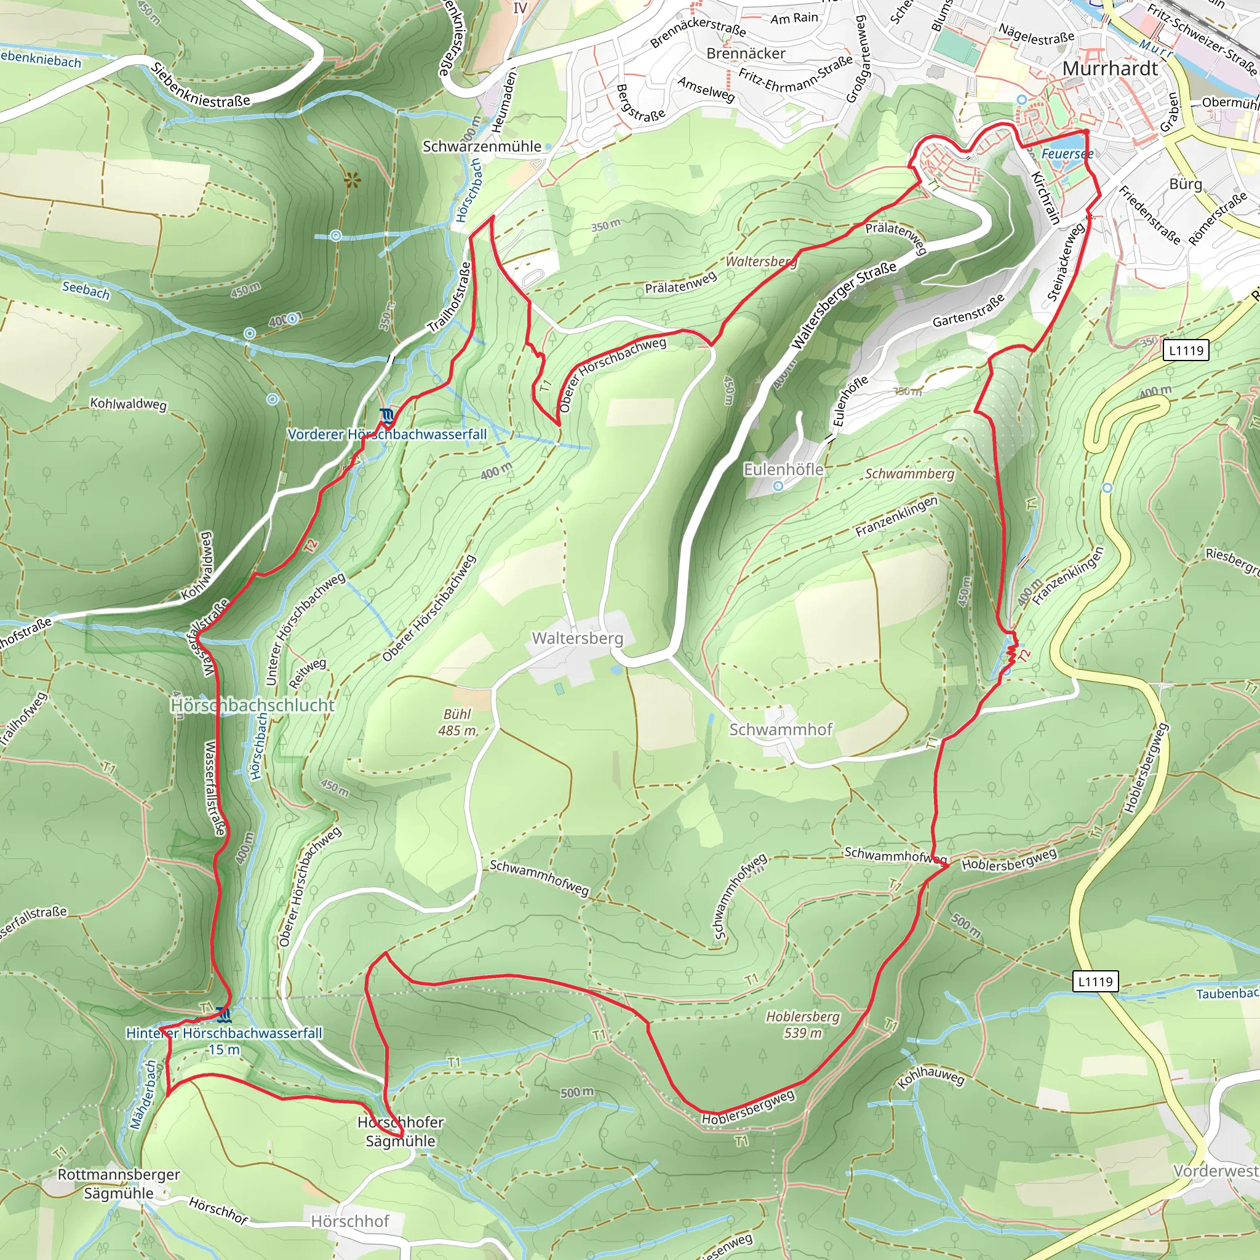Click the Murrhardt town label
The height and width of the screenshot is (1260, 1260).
pyautogui.click(x=1110, y=68)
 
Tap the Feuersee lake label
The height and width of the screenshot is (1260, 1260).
pyautogui.click(x=1067, y=154)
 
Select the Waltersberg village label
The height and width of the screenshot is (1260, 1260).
pyautogui.click(x=577, y=638)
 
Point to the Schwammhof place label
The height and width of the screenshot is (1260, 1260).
pyautogui.click(x=781, y=729)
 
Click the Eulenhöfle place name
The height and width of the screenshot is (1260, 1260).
pyautogui.click(x=783, y=469)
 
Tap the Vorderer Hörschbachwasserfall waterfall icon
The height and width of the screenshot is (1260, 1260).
pyautogui.click(x=388, y=415)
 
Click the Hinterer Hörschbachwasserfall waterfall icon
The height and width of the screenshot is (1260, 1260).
pyautogui.click(x=224, y=1015)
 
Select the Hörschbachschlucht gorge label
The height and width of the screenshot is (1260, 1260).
pyautogui.click(x=252, y=705)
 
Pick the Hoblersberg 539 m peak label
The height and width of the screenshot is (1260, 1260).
pyautogui.click(x=803, y=1024)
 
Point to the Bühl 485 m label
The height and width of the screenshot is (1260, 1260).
pyautogui.click(x=457, y=722)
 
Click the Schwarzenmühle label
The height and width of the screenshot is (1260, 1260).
pyautogui.click(x=482, y=146)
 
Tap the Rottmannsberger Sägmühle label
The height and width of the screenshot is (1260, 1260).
pyautogui.click(x=119, y=1184)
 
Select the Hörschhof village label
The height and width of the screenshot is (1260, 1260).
pyautogui.click(x=349, y=1221)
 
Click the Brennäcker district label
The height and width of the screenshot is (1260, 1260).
pyautogui.click(x=746, y=53)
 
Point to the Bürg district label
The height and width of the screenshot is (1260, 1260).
pyautogui.click(x=1185, y=184)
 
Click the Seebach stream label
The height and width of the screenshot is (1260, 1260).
pyautogui.click(x=86, y=289)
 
